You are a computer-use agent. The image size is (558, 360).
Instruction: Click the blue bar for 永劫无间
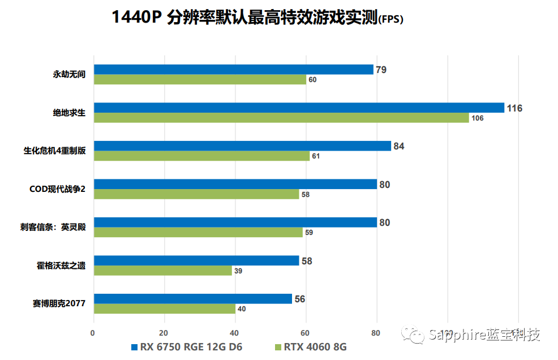tap(233, 70)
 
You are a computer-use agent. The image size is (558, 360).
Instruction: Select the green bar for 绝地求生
tap(281, 118)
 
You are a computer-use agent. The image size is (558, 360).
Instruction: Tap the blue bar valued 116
tap(299, 108)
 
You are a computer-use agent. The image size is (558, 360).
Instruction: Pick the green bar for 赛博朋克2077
tap(164, 309)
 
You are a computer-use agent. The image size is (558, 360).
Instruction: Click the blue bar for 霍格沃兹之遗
tap(196, 260)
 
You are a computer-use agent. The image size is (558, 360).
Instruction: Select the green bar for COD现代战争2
tap(196, 194)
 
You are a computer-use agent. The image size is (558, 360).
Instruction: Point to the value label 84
tap(399, 147)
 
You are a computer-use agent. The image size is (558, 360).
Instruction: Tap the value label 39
tap(238, 271)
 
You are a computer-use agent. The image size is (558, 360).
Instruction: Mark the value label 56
tap(300, 299)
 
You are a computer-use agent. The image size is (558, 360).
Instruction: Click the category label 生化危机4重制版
tap(54, 151)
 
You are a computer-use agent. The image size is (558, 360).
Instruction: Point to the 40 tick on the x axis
tap(235, 333)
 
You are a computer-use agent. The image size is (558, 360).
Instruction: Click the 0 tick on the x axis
tap(93, 333)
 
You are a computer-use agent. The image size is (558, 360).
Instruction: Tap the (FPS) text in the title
tap(390, 19)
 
